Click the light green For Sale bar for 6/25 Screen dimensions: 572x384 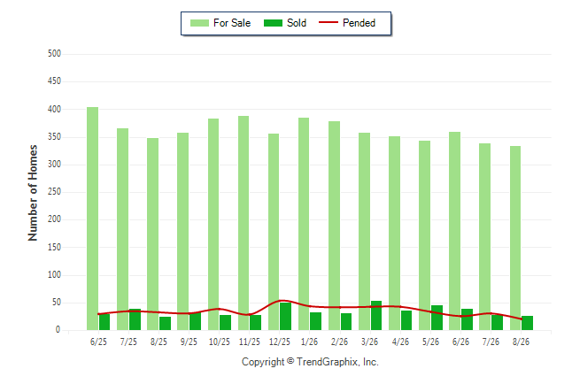tap(92, 219)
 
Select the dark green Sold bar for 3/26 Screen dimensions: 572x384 tap(376, 316)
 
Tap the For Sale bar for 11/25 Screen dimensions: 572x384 tap(243, 223)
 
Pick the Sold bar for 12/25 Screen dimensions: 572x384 tap(286, 316)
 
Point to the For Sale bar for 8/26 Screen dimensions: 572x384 tap(515, 238)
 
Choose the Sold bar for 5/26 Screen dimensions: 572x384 tap(437, 318)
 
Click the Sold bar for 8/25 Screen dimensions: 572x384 tap(165, 324)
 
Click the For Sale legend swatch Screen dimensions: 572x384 tap(199, 23)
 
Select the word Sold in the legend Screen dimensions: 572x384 tap(297, 23)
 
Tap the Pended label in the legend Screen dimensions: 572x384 tap(359, 23)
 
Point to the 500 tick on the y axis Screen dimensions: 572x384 tap(54, 54)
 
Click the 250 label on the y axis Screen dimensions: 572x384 tap(54, 192)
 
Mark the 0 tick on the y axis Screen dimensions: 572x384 tap(58, 330)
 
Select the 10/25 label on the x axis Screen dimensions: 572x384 tap(220, 342)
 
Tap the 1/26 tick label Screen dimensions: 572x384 tap(309, 342)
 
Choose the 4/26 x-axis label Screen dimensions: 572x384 tap(400, 342)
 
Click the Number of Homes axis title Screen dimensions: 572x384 tap(33, 193)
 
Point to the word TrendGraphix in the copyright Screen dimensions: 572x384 tap(328, 362)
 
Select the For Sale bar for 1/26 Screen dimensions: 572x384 tap(304, 224)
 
